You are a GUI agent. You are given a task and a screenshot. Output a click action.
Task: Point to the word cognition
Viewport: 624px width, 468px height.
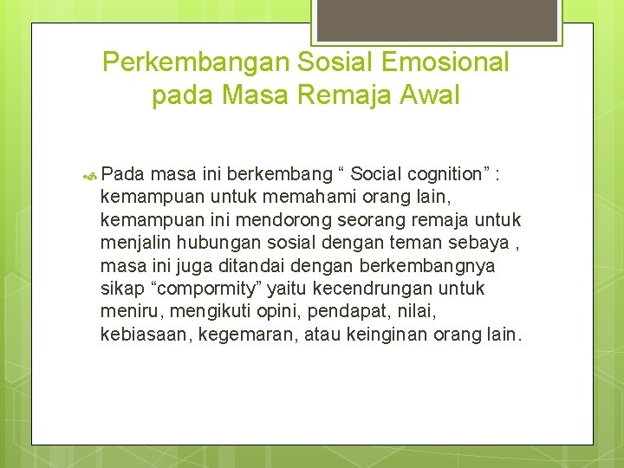tap(438, 174)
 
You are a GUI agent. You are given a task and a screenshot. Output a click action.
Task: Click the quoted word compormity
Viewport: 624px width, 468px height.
tap(196, 288)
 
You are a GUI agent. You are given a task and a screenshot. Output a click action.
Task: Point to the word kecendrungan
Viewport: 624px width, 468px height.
tap(362, 288)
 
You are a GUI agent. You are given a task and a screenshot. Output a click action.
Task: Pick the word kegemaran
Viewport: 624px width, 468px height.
tap(246, 334)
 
